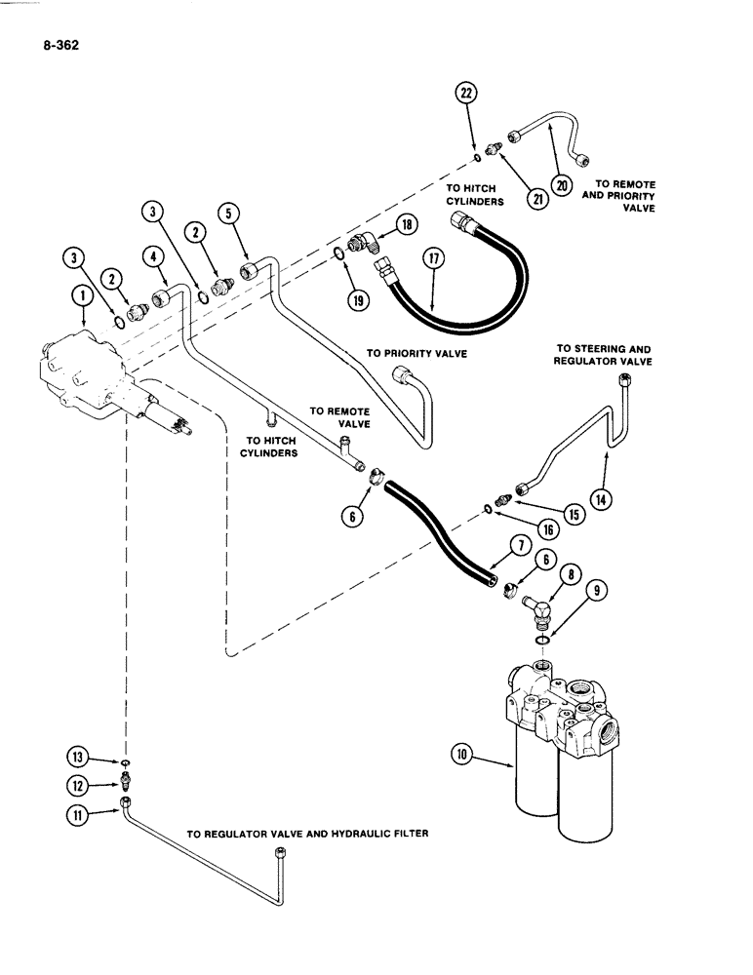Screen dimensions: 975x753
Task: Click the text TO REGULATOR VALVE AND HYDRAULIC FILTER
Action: [x=308, y=835]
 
